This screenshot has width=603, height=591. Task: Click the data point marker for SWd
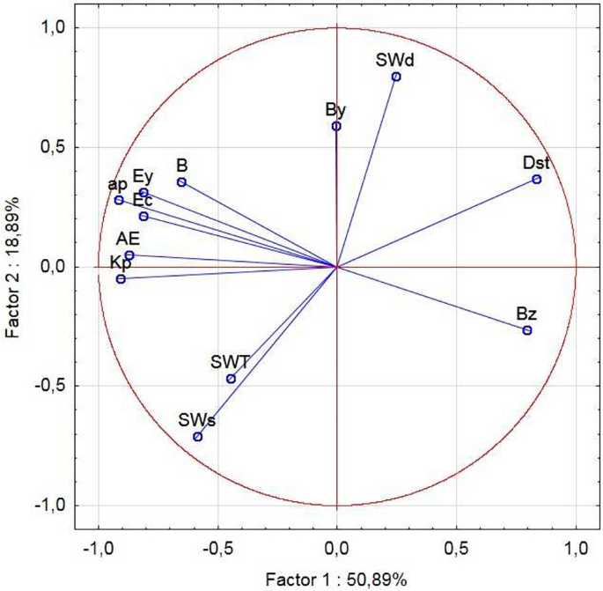396,77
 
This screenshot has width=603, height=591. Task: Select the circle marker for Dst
536,180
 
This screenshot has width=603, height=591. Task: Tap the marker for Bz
527,330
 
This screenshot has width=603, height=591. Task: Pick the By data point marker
336,126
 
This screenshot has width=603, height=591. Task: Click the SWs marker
198,437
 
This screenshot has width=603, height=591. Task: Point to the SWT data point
231,379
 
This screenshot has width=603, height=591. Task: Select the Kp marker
121,279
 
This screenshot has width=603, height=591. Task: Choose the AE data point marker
129,255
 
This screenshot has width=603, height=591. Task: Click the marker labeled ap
119,200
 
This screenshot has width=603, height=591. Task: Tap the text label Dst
536,163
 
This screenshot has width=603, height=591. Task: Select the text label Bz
526,314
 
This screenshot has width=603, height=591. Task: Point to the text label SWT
230,361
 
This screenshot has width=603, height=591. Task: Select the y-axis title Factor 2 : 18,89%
13,266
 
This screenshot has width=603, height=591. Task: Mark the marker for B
181,182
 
